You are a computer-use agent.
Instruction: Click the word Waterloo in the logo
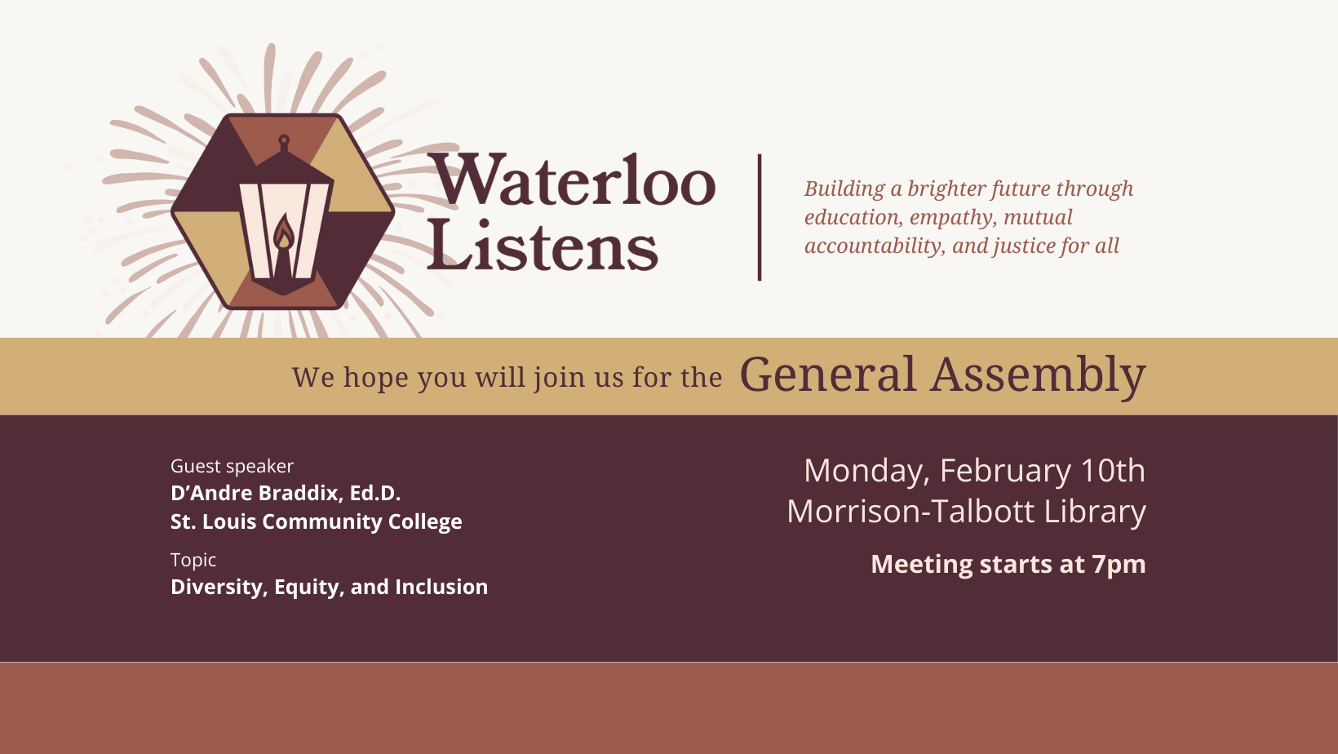click(571, 181)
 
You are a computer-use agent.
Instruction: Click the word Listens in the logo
click(542, 246)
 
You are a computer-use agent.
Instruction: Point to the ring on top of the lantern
click(284, 140)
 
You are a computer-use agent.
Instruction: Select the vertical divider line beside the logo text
click(760, 217)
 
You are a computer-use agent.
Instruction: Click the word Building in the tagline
click(844, 189)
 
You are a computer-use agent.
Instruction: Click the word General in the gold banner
click(827, 375)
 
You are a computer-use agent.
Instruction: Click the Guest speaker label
click(232, 466)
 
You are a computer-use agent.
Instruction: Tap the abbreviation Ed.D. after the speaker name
click(374, 493)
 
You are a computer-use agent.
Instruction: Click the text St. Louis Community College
click(316, 521)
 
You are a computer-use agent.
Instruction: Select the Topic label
click(193, 560)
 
